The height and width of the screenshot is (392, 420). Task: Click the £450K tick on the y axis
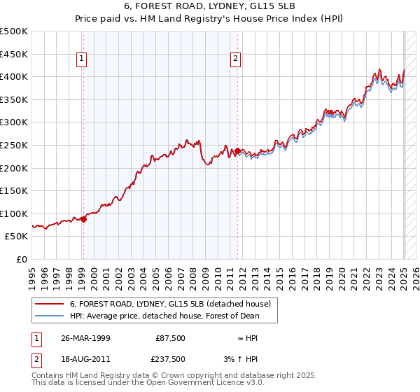14,54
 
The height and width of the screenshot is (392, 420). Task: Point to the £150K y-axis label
14,190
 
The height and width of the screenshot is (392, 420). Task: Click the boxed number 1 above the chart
83,59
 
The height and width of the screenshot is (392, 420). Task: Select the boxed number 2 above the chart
235,59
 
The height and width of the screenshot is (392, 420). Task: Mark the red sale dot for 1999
83,219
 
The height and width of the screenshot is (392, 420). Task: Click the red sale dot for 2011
238,150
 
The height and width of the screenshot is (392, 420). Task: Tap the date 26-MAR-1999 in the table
85,338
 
